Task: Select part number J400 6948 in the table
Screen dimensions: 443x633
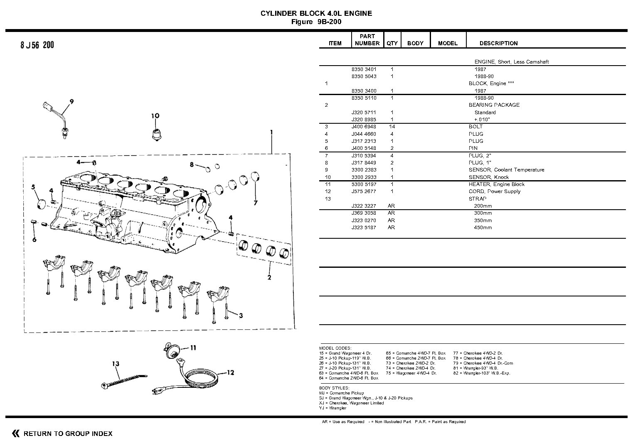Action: (x=364, y=127)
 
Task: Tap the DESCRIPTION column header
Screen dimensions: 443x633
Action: (x=498, y=43)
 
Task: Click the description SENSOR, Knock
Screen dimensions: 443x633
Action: (x=489, y=177)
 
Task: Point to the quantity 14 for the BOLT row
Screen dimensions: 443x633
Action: (x=392, y=127)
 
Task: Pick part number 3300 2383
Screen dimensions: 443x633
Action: (x=364, y=170)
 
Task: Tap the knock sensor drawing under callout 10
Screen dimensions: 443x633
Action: (x=156, y=134)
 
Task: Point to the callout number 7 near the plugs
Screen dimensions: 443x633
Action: (x=256, y=203)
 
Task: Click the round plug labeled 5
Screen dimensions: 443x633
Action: (x=41, y=205)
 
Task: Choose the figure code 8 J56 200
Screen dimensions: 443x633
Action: (x=37, y=45)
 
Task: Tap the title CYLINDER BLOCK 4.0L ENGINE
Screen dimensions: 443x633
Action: (x=316, y=13)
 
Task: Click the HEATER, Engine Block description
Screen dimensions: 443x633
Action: (x=496, y=184)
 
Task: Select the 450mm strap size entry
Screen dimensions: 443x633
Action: (x=483, y=228)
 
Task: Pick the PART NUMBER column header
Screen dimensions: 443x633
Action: (x=367, y=40)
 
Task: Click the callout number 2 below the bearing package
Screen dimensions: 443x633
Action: (x=269, y=277)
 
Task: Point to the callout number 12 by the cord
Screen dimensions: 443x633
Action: (x=230, y=372)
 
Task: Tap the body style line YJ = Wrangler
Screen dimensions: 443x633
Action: (x=333, y=408)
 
